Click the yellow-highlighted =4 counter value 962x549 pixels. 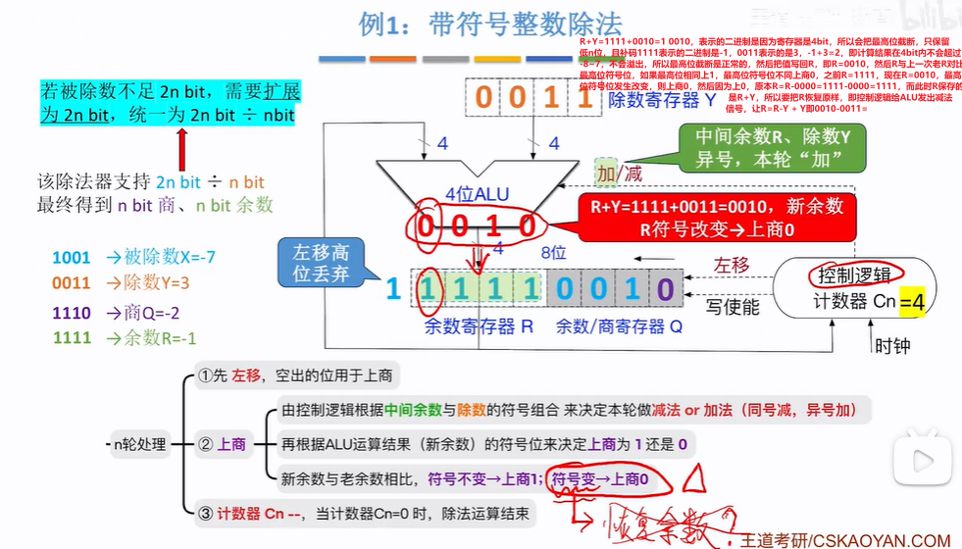coord(912,303)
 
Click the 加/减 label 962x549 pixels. coord(620,174)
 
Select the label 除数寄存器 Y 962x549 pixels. coord(663,99)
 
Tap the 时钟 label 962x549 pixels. coord(893,345)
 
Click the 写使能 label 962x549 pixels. coord(733,308)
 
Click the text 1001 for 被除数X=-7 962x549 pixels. coord(71,258)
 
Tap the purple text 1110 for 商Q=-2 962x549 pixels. coord(71,313)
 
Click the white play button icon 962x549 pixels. coord(922,460)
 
